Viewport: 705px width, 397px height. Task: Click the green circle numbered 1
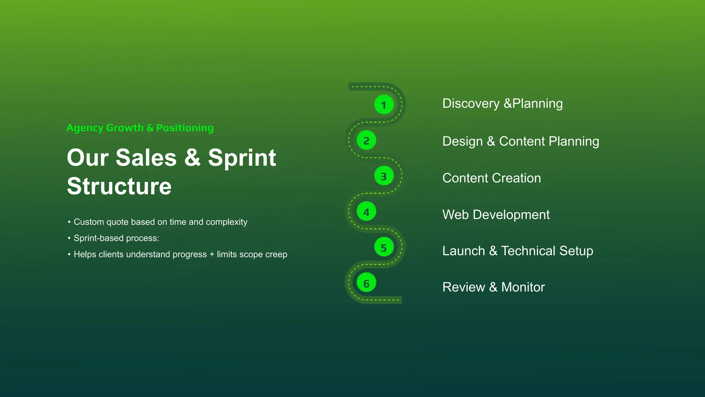coord(384,105)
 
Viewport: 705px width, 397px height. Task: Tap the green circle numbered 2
coord(366,141)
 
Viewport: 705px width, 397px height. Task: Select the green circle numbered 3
coord(384,176)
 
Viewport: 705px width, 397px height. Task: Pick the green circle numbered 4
coord(366,212)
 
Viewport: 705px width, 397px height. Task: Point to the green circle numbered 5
coord(384,247)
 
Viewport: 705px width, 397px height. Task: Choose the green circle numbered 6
coord(366,283)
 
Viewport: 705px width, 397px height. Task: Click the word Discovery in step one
coord(471,103)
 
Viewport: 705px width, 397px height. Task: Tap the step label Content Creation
coord(491,178)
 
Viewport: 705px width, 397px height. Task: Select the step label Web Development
coord(496,215)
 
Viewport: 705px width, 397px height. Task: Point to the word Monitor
coord(523,287)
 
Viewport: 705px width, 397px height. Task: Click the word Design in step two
coord(462,141)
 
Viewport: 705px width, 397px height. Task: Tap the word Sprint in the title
coord(242,158)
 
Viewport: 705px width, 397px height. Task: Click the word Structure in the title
coord(119,186)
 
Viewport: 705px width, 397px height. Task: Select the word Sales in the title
coord(146,158)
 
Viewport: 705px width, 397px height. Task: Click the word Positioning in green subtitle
coord(185,128)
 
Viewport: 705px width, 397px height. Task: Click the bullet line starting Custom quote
coord(160,222)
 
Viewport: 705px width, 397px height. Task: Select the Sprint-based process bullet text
coord(116,238)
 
